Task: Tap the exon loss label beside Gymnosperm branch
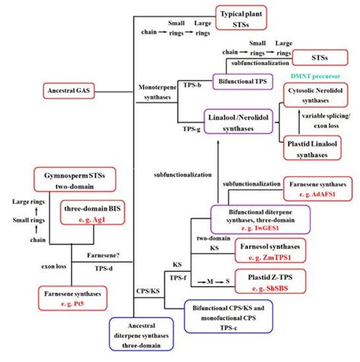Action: pos(33,267)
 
